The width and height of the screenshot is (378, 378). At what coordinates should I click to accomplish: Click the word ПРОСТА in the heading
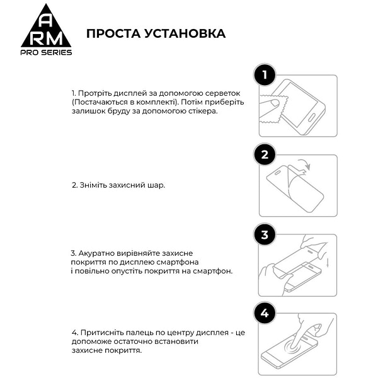(114, 33)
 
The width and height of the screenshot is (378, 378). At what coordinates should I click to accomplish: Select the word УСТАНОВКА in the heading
(185, 33)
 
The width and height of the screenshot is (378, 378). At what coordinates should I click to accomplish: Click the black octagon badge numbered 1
(265, 76)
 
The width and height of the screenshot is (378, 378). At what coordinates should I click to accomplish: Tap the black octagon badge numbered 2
(265, 155)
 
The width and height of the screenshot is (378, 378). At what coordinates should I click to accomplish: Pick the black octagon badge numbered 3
(265, 235)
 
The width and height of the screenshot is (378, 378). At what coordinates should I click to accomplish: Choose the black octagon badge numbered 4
(265, 314)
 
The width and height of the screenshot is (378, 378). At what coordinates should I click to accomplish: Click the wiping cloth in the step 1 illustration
(275, 112)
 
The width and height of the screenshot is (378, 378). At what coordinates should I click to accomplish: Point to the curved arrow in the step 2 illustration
(304, 166)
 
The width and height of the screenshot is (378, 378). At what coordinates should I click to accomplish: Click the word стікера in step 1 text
(201, 111)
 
